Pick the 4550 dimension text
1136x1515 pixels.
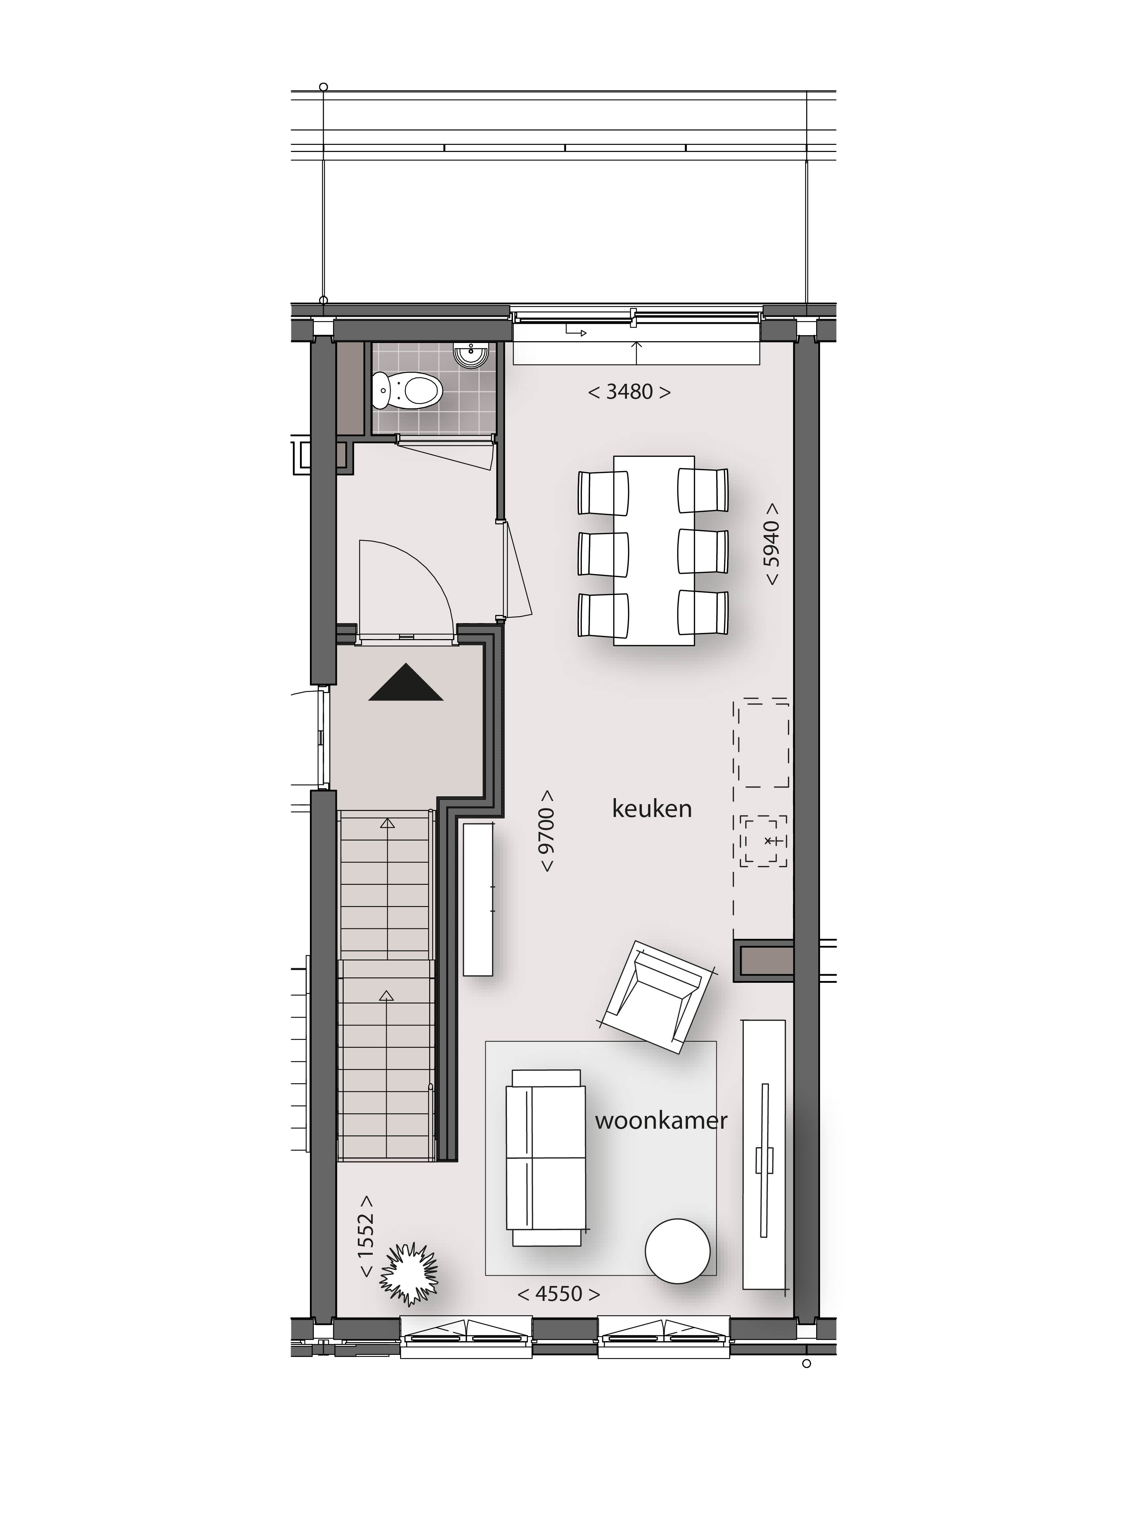tap(559, 1294)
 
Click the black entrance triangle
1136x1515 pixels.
tap(406, 682)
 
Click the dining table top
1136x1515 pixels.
tap(654, 551)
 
